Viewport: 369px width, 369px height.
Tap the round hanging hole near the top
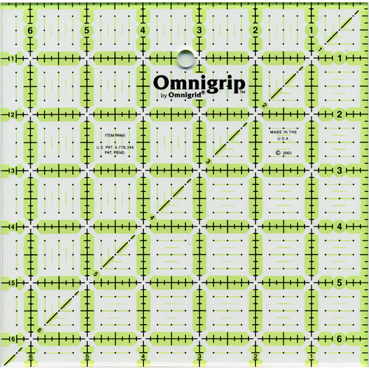tap(184, 56)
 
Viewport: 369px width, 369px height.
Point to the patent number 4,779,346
tap(118, 148)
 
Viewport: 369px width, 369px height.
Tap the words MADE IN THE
tap(282, 131)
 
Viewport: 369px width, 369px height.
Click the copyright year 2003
tap(284, 154)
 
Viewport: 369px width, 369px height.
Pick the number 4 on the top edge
tap(142, 31)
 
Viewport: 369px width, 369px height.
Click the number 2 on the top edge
tap(255, 31)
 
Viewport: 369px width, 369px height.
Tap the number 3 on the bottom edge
tap(199, 359)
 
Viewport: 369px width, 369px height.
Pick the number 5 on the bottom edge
tap(87, 359)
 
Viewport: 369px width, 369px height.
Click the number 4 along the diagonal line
tap(152, 217)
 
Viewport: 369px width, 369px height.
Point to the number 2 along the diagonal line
tap(263, 106)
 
